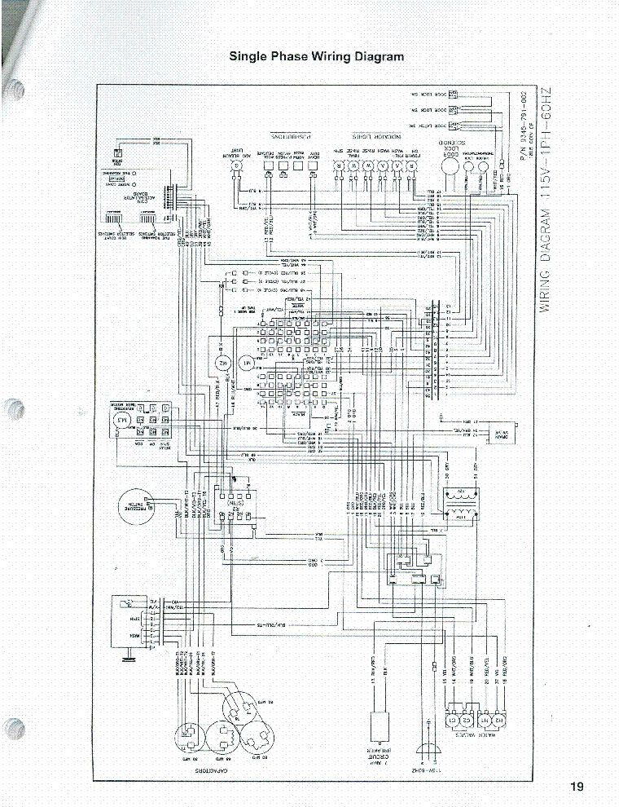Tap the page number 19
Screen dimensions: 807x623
click(x=577, y=787)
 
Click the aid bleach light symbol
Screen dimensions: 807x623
click(x=237, y=166)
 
